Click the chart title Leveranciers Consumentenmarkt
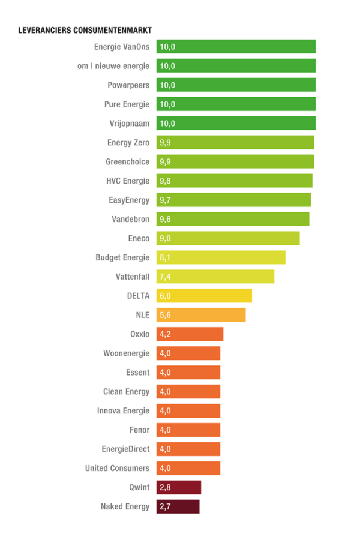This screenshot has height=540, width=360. point(84,31)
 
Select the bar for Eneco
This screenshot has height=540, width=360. point(228,238)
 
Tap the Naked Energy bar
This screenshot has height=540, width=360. point(178,507)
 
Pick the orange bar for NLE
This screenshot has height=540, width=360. point(201,315)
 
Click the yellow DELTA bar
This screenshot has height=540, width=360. point(204,296)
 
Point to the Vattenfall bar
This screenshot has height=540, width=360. point(215,277)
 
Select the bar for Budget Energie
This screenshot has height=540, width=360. point(221,257)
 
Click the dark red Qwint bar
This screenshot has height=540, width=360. point(179,488)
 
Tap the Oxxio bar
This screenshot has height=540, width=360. point(190,334)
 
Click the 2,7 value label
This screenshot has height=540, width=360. point(166,507)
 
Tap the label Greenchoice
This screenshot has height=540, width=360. point(127,162)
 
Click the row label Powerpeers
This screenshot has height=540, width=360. point(128,85)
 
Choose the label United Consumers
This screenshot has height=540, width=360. point(117,469)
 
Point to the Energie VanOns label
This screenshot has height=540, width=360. point(122,47)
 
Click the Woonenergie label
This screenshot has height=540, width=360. point(126,353)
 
